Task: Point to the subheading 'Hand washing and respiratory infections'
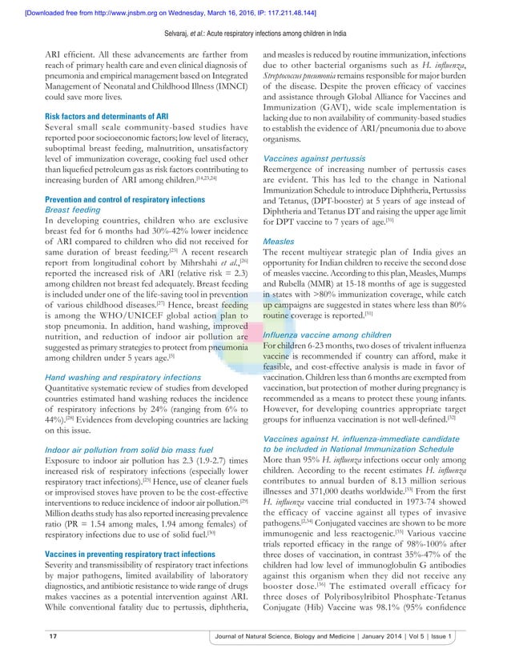(x=126, y=376)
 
